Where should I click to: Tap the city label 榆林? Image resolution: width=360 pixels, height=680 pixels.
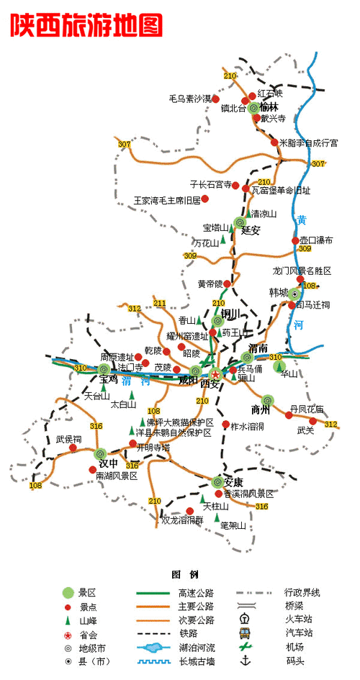tap(271, 106)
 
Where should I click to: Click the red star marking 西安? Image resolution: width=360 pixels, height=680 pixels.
tap(215, 373)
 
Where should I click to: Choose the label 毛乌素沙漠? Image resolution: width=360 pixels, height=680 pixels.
tap(190, 98)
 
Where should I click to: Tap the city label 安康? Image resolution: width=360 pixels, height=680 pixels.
tap(234, 481)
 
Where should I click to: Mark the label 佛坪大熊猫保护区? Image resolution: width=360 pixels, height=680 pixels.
tap(179, 422)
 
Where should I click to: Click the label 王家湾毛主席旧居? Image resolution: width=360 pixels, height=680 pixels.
tap(167, 201)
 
